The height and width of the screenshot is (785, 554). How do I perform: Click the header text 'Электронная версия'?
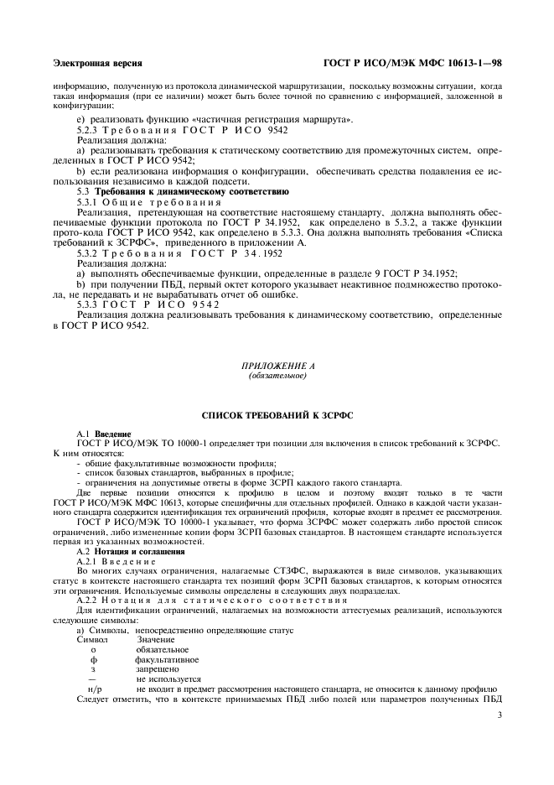97,63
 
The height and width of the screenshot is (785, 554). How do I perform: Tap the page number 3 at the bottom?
499,715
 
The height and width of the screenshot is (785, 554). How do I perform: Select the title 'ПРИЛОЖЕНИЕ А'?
277,367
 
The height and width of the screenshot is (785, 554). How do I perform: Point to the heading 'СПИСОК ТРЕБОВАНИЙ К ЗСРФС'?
277,415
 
